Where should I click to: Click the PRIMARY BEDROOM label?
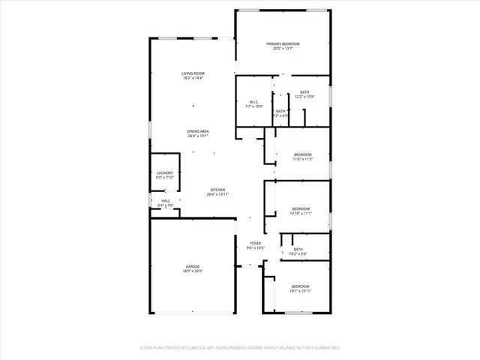click(x=283, y=44)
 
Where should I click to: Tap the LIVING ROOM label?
click(x=193, y=73)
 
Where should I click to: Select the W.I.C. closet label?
click(x=255, y=103)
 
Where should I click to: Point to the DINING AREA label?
click(x=198, y=131)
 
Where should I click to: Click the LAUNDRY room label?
click(x=164, y=172)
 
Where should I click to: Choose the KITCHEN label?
click(x=217, y=189)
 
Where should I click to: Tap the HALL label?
click(x=166, y=200)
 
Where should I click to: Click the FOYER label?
click(x=256, y=243)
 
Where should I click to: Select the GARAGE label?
click(x=193, y=266)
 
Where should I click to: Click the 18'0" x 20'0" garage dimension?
click(x=193, y=271)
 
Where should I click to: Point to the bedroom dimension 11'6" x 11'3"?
click(x=302, y=159)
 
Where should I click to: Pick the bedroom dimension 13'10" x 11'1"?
click(x=300, y=214)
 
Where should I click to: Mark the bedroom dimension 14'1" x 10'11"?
click(x=300, y=291)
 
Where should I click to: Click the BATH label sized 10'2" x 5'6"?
click(x=298, y=249)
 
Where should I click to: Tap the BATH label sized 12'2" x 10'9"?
click(x=304, y=91)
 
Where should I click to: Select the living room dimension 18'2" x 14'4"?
click(x=193, y=78)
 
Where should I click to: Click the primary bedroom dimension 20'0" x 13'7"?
click(x=283, y=49)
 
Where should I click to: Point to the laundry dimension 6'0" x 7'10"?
click(x=164, y=178)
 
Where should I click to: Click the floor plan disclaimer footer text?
click(x=240, y=348)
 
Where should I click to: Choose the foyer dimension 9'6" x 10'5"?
click(x=256, y=248)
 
